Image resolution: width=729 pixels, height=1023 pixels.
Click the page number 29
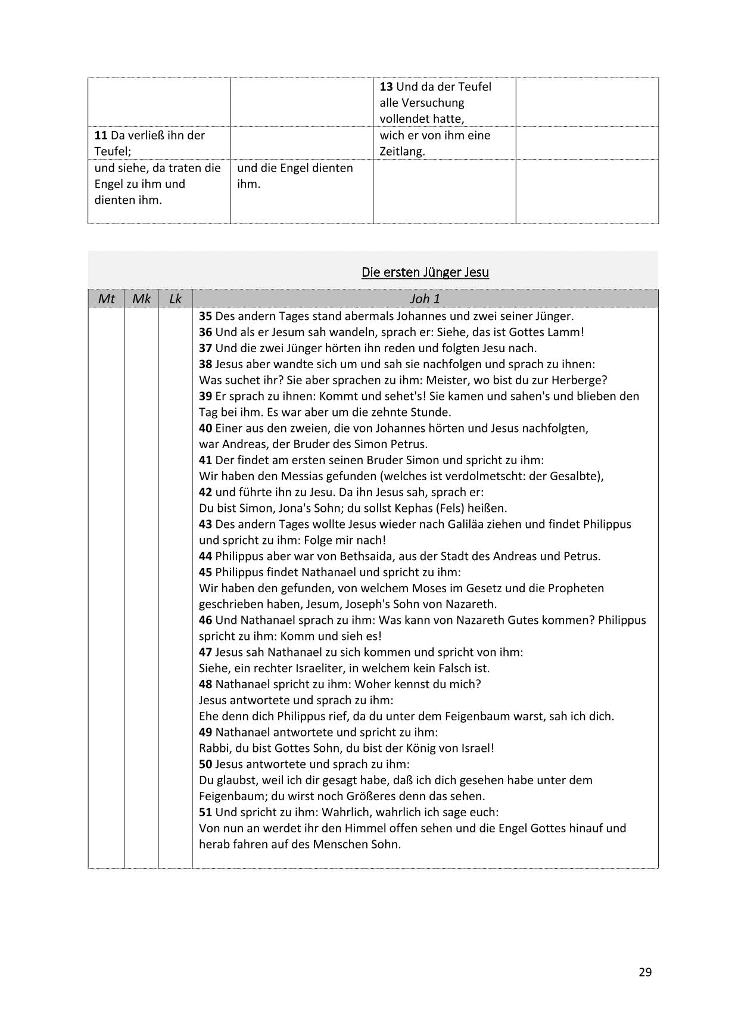[645, 972]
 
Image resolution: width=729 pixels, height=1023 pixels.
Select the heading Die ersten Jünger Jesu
[425, 272]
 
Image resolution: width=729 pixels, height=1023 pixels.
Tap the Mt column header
[106, 298]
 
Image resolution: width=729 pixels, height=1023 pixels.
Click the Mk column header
[141, 298]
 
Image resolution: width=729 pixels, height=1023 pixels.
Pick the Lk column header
[175, 298]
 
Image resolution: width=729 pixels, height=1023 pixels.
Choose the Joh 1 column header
[425, 298]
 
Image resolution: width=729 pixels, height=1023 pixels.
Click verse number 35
[205, 316]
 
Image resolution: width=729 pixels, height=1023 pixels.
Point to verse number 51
[205, 812]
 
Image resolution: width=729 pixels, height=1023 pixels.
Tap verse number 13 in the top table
[386, 87]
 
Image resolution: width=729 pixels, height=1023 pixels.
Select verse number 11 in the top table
[101, 136]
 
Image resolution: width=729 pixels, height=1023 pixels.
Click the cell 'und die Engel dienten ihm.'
[295, 176]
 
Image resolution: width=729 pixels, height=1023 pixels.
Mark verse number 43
[205, 524]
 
